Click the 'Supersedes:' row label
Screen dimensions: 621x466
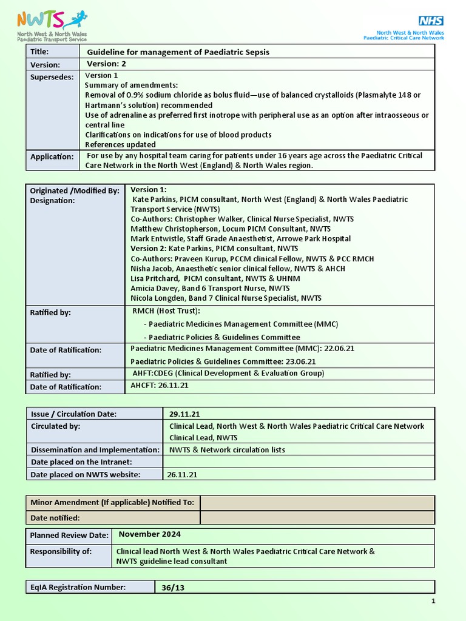click(52, 77)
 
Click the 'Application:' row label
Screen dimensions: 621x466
click(52, 157)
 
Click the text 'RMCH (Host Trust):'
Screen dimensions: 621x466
click(166, 311)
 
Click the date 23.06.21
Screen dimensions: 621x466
click(300, 361)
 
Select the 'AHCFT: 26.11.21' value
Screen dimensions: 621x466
click(160, 385)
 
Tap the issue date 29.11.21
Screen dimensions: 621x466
click(184, 414)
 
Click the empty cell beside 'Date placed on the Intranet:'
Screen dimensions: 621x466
click(299, 463)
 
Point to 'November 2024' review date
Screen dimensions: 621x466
click(149, 534)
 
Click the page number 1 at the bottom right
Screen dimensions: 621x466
click(433, 602)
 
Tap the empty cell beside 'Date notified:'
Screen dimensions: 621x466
click(317, 518)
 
